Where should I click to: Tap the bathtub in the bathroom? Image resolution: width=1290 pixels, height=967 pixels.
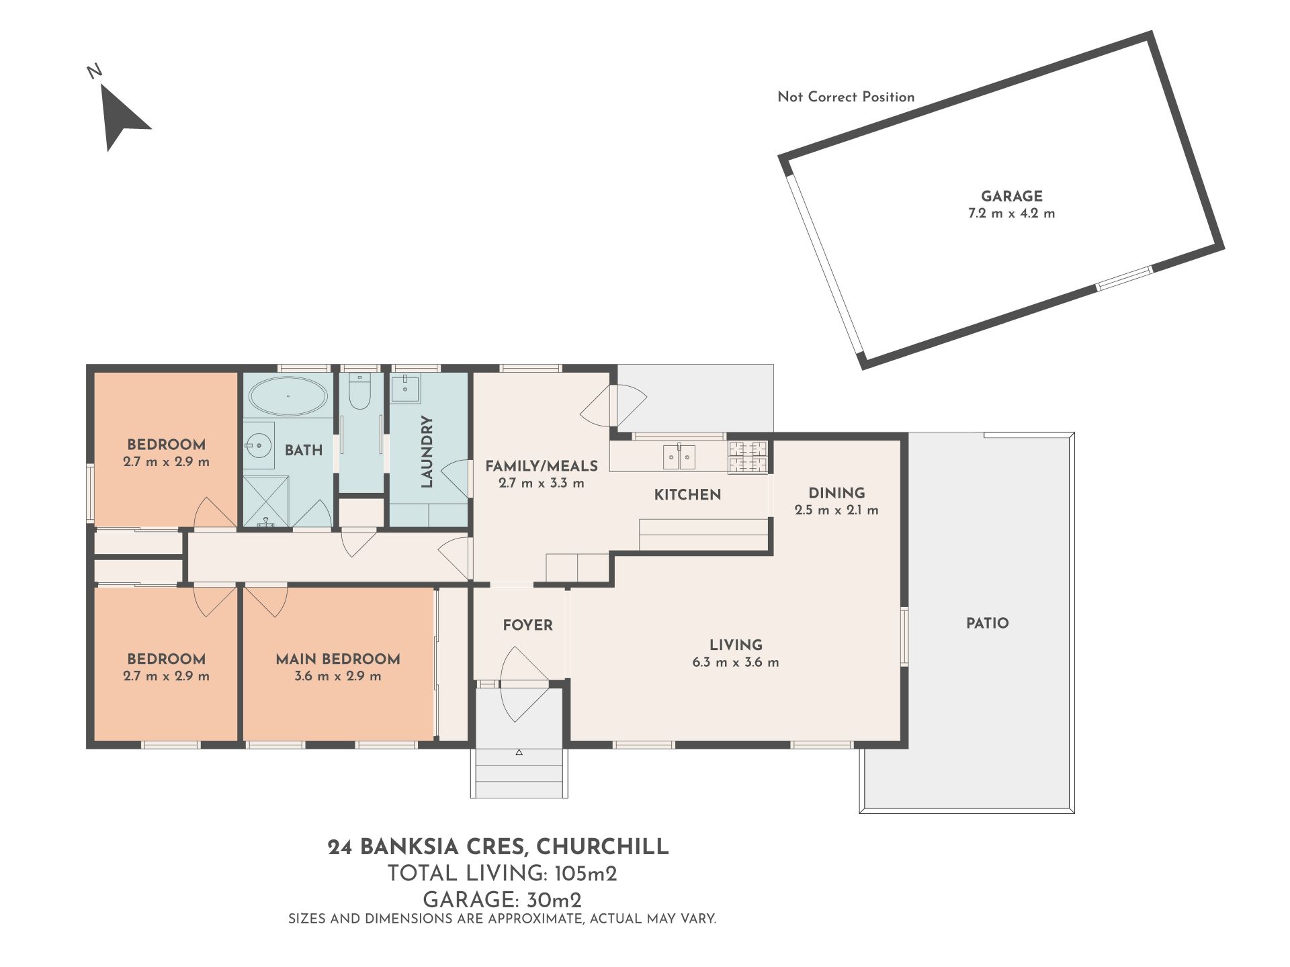tap(288, 396)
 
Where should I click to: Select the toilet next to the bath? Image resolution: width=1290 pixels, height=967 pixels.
tap(361, 392)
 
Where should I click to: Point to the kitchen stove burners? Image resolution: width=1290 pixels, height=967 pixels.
tap(748, 457)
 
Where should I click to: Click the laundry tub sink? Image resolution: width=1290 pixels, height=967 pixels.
tap(405, 389)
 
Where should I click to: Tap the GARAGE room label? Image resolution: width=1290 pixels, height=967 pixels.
tap(1012, 196)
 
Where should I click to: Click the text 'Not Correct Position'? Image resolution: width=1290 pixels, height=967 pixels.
tap(846, 97)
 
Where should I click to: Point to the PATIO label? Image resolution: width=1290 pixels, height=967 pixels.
tap(988, 623)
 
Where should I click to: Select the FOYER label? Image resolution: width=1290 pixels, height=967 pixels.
tap(528, 625)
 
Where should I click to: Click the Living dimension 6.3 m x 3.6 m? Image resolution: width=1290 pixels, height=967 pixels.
tap(736, 662)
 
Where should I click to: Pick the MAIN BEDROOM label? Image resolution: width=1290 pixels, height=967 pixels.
tap(338, 659)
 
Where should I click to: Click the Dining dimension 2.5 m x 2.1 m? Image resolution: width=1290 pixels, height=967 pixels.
tap(836, 510)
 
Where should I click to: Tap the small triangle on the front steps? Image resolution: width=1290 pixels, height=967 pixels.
tap(519, 753)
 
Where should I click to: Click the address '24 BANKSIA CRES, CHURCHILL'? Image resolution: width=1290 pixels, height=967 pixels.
tap(499, 847)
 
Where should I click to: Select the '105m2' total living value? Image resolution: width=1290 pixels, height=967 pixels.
tap(585, 874)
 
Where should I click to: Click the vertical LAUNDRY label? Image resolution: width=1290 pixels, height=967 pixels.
tap(426, 451)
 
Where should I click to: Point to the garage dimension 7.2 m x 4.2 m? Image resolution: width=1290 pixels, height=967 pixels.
tap(1012, 214)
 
